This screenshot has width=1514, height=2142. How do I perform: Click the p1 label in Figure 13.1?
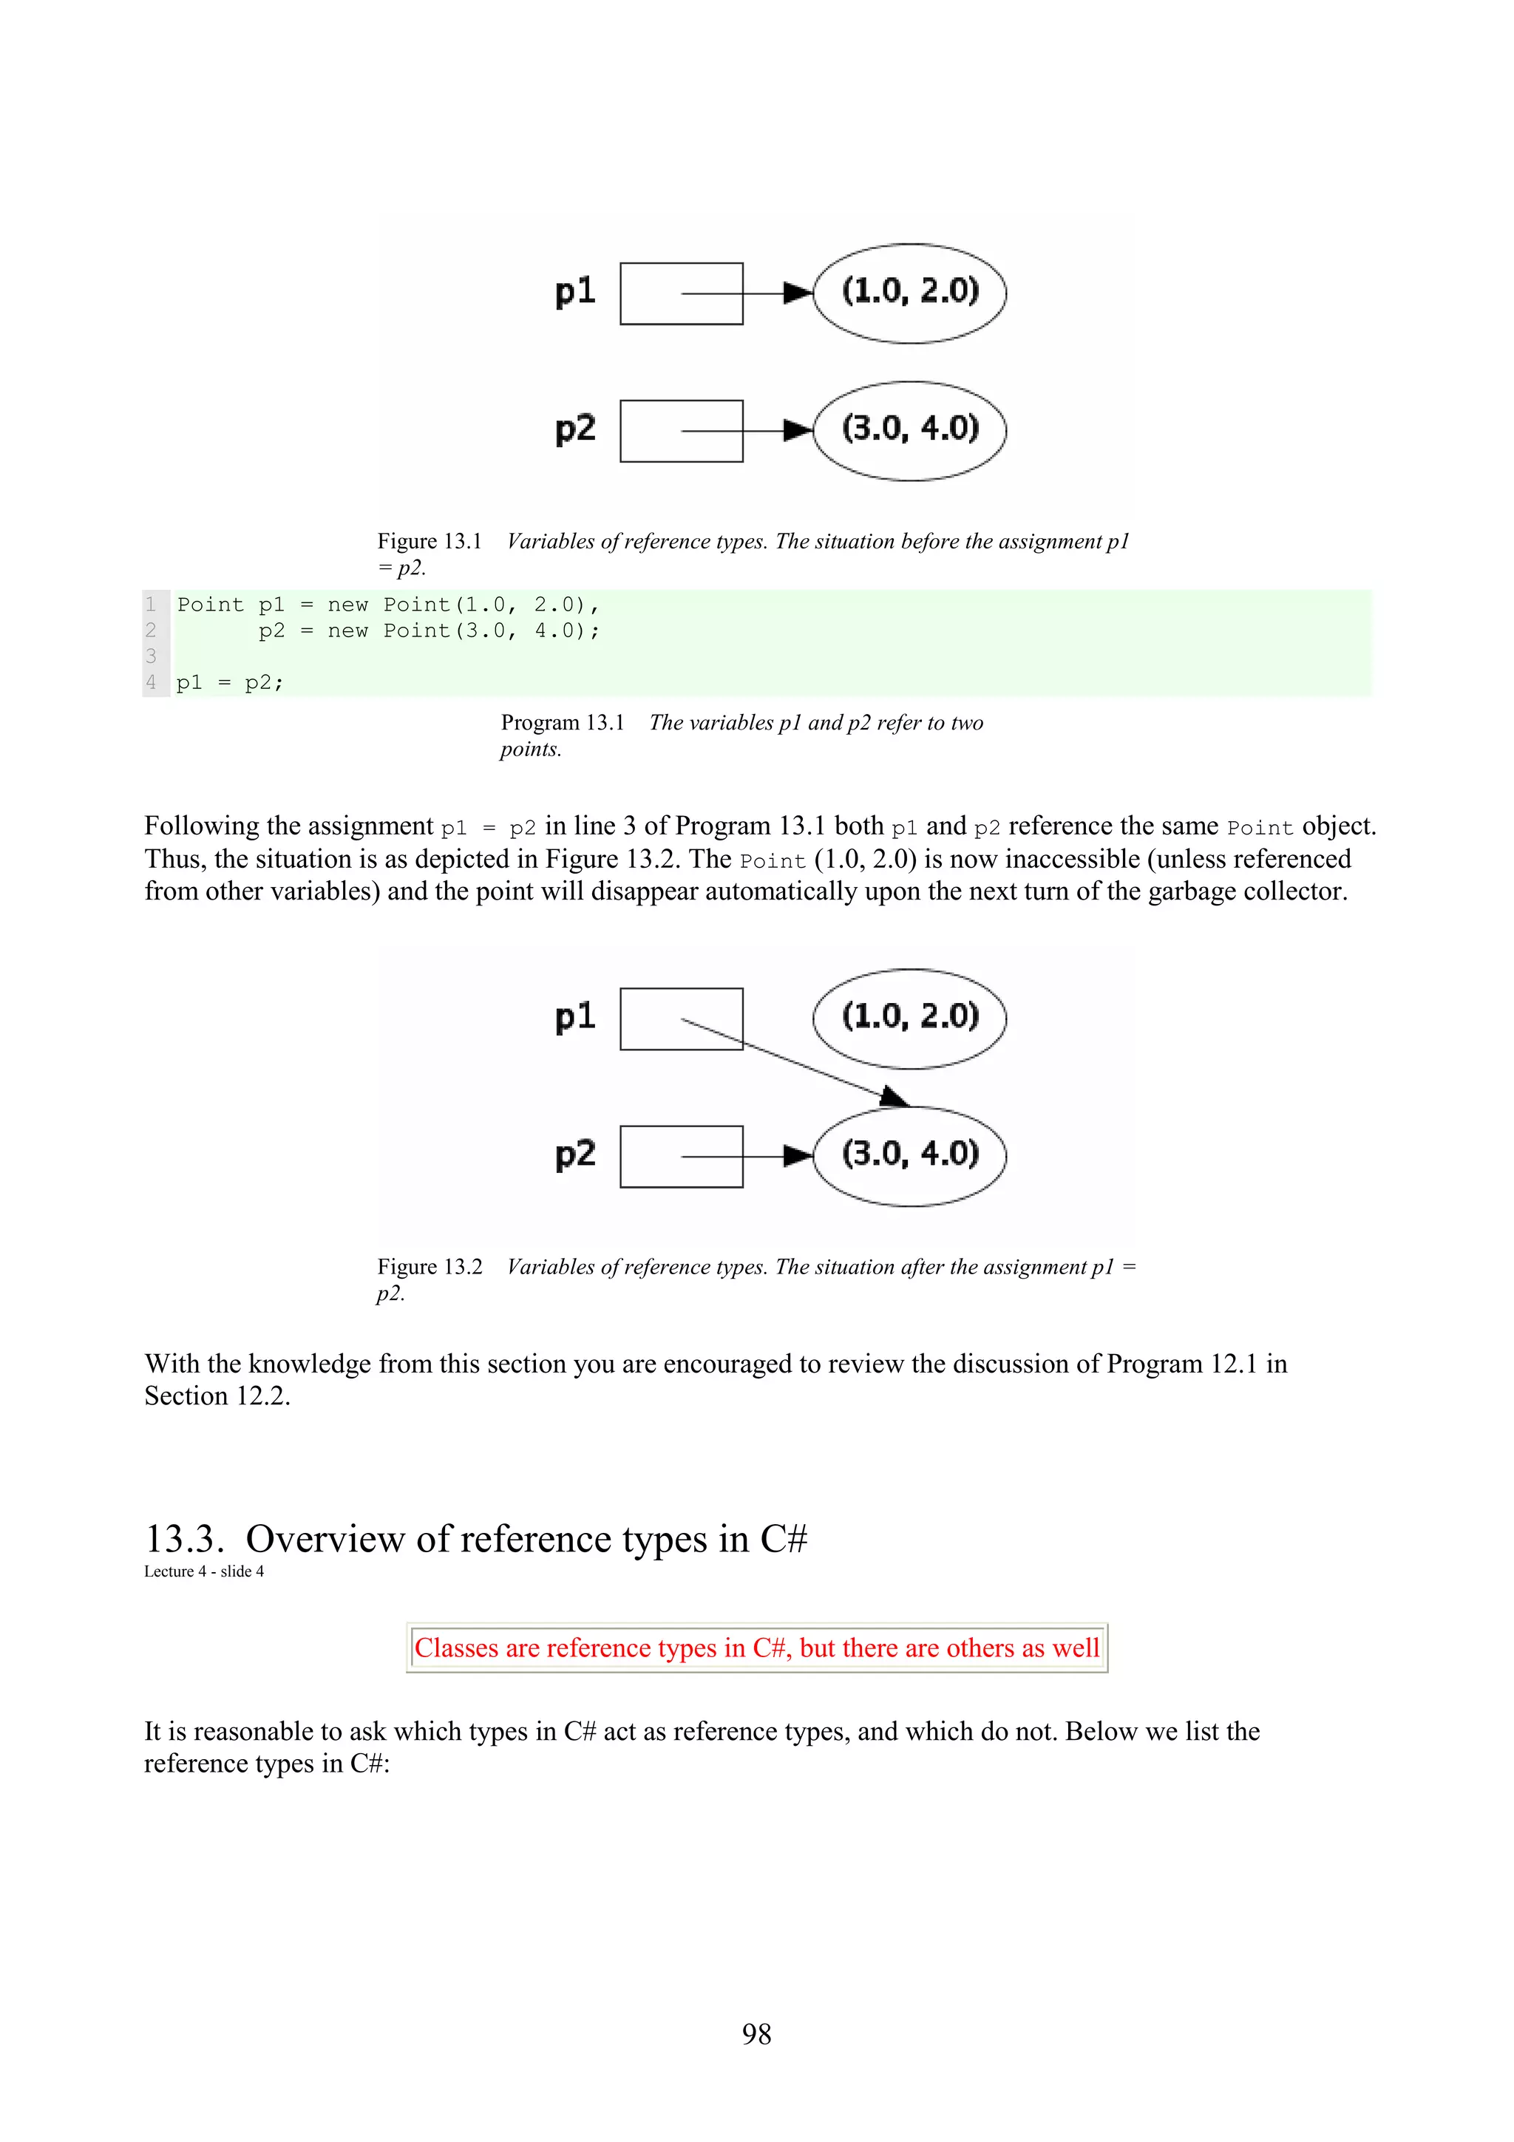574,291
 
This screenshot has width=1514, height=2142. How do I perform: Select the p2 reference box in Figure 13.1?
681,431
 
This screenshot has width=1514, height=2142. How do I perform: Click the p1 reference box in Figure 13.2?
681,1019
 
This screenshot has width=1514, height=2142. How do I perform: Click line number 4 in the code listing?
151,682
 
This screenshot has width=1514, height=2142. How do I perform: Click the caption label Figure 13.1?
429,541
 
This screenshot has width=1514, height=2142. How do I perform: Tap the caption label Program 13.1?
562,722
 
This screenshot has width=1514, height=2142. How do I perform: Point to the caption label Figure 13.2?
429,1266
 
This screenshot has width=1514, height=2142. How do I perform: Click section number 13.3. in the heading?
185,1538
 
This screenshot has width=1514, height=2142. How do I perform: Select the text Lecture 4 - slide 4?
203,1571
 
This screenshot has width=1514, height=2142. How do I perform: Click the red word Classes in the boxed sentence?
457,1648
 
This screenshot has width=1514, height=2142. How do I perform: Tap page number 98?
756,2034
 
